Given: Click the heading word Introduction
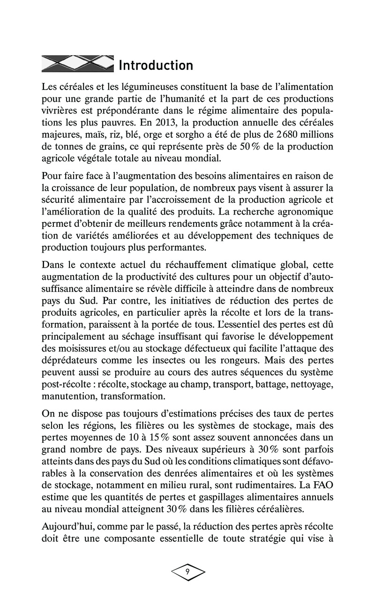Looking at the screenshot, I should coord(156,65).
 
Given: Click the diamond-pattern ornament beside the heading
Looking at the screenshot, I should coord(78,64).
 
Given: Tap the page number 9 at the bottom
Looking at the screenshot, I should coord(187,572).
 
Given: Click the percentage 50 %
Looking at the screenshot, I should coord(252,147).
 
